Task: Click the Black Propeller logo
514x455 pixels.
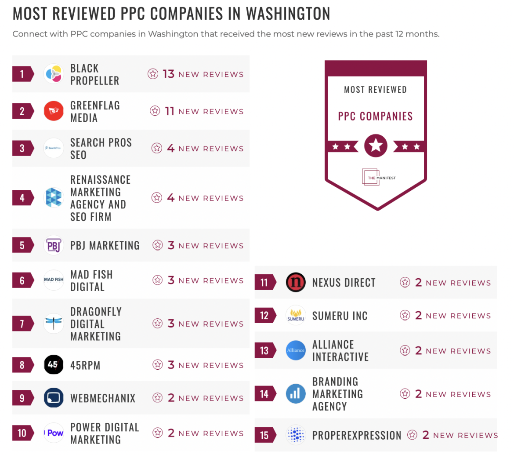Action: pyautogui.click(x=54, y=74)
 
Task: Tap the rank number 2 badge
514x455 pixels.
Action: pyautogui.click(x=22, y=111)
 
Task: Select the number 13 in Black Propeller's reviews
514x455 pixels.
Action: pyautogui.click(x=169, y=74)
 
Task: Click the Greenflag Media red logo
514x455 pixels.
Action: pyautogui.click(x=54, y=111)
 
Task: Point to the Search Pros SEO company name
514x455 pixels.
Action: pyautogui.click(x=101, y=149)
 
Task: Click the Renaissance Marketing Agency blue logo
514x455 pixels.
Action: pyautogui.click(x=54, y=198)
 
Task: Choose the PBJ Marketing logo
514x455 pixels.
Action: pyautogui.click(x=54, y=245)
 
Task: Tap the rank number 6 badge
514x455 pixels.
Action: pyautogui.click(x=22, y=280)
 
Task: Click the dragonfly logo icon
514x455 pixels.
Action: pyautogui.click(x=54, y=324)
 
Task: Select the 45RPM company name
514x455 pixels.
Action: pyautogui.click(x=85, y=365)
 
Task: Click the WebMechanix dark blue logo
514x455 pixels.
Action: pyautogui.click(x=54, y=398)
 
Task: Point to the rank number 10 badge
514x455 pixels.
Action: pyautogui.click(x=22, y=433)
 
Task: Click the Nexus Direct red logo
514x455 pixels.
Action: pyautogui.click(x=296, y=282)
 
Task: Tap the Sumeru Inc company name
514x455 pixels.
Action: pyautogui.click(x=340, y=316)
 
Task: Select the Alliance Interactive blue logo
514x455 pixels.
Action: pyautogui.click(x=296, y=351)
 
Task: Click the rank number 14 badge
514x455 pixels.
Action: pyautogui.click(x=264, y=394)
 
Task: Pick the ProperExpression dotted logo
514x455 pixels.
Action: pyautogui.click(x=296, y=435)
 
